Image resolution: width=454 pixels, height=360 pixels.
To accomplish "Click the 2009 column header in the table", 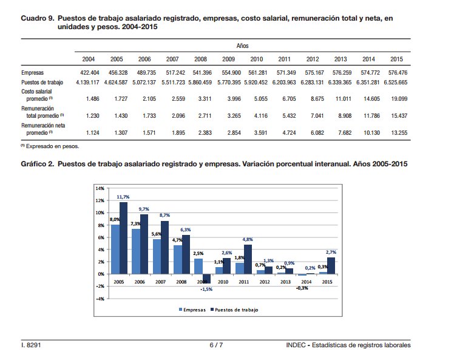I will point(228,59).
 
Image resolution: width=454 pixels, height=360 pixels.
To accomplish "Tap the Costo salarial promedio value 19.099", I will point(397,98).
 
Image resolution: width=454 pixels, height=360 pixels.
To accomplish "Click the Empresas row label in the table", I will point(32,72).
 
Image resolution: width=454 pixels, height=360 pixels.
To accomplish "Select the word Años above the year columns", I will point(242,46).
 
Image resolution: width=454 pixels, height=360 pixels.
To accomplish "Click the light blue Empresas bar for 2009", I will point(198,266).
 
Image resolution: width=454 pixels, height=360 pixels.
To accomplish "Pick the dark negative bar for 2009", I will point(206,279).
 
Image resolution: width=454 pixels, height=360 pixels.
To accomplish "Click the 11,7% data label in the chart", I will point(123,197).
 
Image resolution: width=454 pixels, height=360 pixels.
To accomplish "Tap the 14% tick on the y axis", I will point(100,188).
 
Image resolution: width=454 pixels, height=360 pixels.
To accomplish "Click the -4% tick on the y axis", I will point(100,299).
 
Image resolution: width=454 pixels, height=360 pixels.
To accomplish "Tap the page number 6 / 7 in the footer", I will point(216,345).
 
